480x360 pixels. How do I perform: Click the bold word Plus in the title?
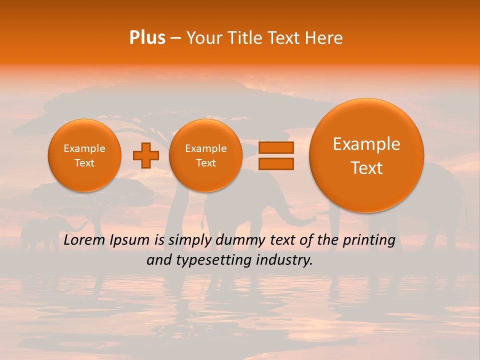click(x=147, y=38)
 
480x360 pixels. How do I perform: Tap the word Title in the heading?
click(x=244, y=38)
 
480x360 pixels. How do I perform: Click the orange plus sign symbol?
click(x=145, y=155)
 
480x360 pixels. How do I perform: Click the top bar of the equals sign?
click(x=276, y=148)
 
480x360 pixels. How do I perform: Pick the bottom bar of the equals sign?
click(x=276, y=163)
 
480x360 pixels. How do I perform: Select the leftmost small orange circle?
click(x=84, y=155)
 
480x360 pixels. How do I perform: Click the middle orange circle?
click(x=206, y=155)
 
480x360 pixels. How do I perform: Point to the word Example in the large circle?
click(x=366, y=144)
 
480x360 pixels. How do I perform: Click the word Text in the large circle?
click(x=366, y=168)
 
